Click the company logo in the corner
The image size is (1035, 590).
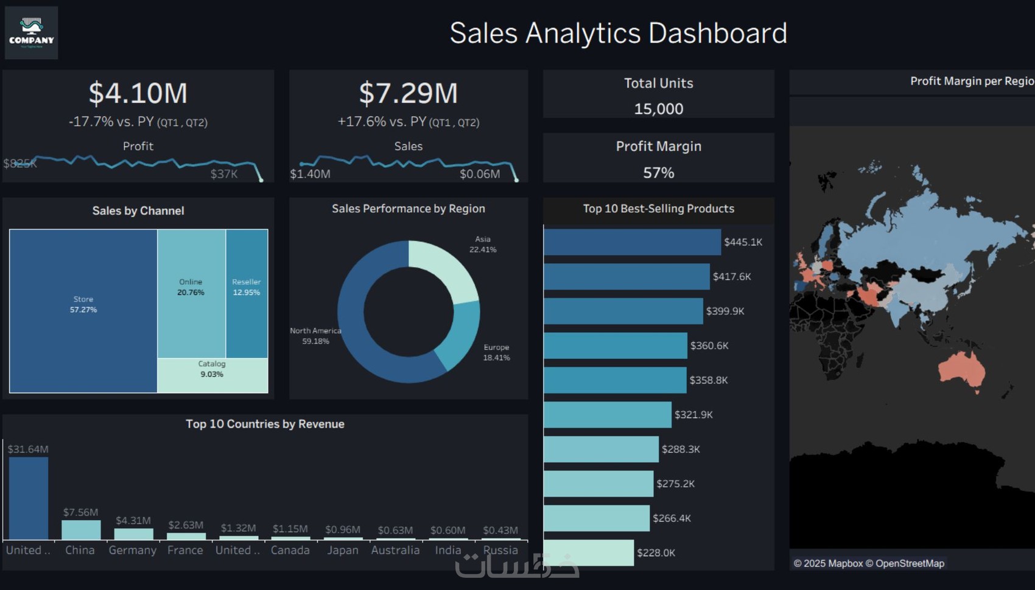(x=32, y=33)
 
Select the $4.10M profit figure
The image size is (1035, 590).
(x=138, y=93)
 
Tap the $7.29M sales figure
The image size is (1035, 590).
(x=408, y=93)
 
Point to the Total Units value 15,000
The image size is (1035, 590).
(x=658, y=109)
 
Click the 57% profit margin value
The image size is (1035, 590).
(x=658, y=173)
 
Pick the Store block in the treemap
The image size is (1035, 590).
(x=83, y=310)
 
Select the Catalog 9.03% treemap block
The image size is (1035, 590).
(x=212, y=375)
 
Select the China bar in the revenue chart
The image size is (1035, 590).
(x=81, y=530)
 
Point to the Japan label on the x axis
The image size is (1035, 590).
(x=343, y=550)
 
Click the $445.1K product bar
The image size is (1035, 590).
(x=632, y=242)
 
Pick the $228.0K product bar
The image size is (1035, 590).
(x=589, y=553)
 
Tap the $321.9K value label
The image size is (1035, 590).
(x=693, y=415)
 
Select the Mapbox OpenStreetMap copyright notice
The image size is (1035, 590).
(x=869, y=563)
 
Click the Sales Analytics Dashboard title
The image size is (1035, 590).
(x=618, y=33)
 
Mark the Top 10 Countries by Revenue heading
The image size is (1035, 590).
(x=265, y=424)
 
